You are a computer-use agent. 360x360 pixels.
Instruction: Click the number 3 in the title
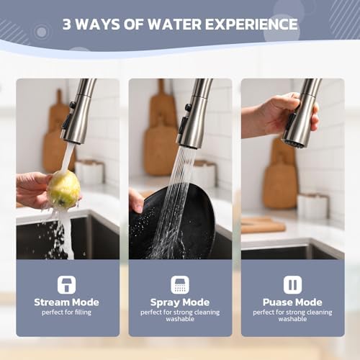(x=68, y=24)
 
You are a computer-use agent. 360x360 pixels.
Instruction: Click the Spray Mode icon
(x=180, y=284)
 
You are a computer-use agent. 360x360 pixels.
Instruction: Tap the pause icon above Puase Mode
(x=292, y=284)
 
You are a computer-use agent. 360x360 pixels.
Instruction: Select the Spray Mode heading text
(x=180, y=302)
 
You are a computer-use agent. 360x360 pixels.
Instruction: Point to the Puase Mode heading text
(x=292, y=302)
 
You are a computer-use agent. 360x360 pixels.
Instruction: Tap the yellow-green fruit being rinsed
(x=63, y=189)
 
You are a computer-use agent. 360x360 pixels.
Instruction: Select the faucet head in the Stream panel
(x=78, y=115)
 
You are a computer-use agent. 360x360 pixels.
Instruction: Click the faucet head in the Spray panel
(x=193, y=119)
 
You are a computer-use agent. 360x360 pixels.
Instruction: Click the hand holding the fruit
(x=32, y=189)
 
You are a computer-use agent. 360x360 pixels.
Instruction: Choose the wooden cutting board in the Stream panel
(x=56, y=137)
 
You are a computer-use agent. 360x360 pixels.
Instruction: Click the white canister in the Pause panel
(x=312, y=205)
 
